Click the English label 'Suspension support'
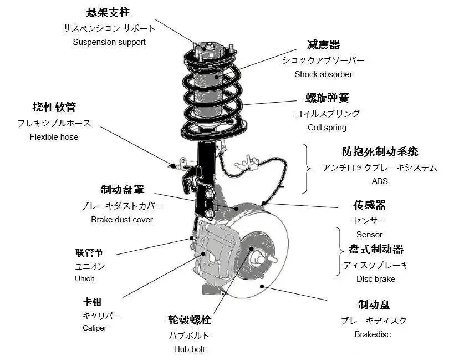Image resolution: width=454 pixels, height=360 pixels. coord(109,42)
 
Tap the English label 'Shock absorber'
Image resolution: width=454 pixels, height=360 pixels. coord(323,74)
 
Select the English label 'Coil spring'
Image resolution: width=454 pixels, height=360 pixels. coord(327,128)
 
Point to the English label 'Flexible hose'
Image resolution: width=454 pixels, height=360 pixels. coord(54,137)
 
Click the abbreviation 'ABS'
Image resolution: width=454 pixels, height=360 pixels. coord(380,181)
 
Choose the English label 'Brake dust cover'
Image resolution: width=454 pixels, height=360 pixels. coord(122,220)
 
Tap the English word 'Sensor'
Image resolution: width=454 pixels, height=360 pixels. coord(369,235)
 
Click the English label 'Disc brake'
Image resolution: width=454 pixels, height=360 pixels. coord(376,279)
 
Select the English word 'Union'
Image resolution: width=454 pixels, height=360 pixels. coord(85,279)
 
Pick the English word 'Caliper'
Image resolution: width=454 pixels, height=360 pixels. coord(94,328)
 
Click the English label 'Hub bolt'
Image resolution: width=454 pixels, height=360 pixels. coord(189,349)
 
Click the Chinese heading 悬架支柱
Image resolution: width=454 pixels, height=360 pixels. coord(109,12)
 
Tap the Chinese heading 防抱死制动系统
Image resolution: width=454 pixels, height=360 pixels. coord(380,151)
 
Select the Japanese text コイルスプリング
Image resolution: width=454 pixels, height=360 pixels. coord(327,114)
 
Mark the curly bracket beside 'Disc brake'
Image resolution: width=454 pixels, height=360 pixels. coord(338,251)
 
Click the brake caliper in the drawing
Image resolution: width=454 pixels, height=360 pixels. coord(216,250)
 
